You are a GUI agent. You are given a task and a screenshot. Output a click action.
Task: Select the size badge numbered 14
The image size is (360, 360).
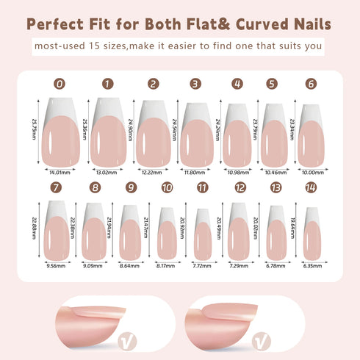pos(311,187)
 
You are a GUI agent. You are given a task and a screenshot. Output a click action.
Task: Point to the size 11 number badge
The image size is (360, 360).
pos(202,187)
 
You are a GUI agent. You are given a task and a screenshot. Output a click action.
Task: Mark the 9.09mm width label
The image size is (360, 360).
pos(93,265)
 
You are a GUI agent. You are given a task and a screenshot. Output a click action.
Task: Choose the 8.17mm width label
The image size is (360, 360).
pos(165,265)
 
